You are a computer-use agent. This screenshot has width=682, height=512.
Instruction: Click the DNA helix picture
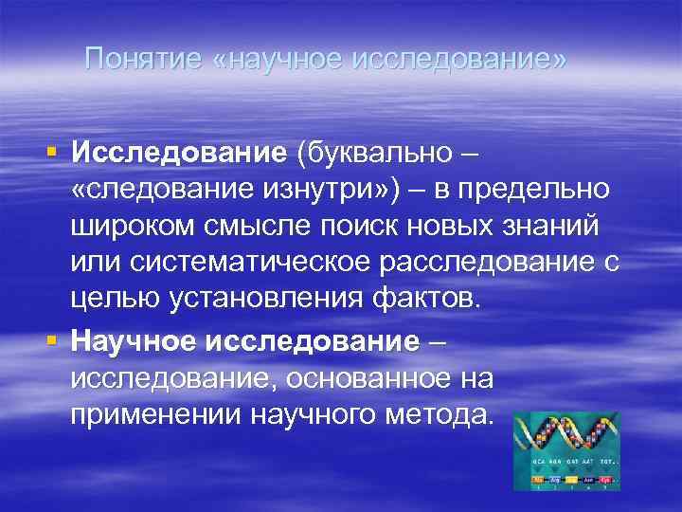coord(566,450)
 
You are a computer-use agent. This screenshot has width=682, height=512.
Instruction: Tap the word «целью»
coord(108,301)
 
